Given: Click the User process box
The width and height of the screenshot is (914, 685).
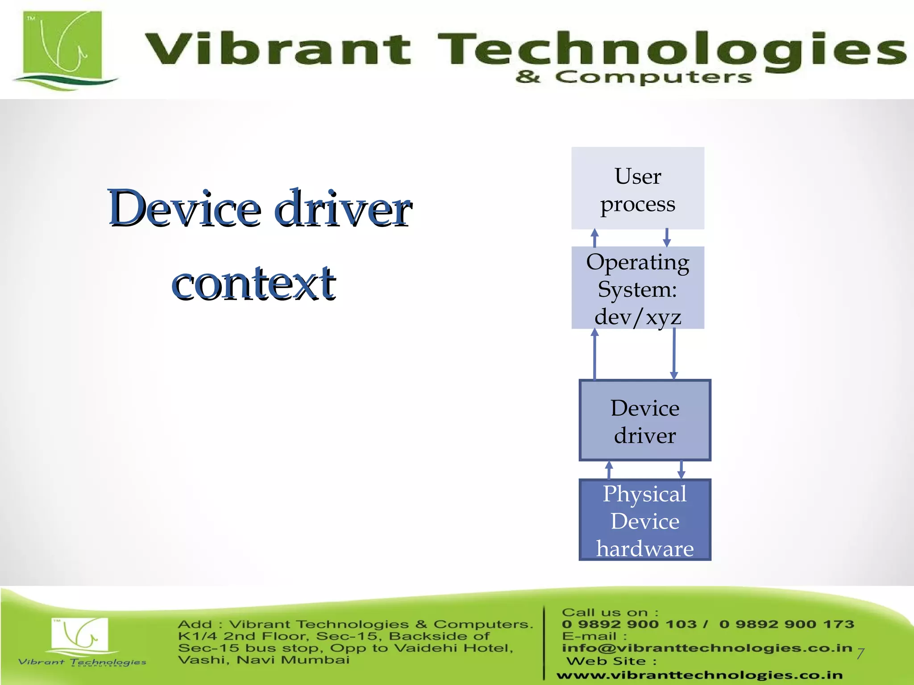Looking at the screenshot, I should point(637,189).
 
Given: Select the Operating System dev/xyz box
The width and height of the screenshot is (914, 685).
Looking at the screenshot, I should point(637,288).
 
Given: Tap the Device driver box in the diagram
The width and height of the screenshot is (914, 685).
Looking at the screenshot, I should point(644,420).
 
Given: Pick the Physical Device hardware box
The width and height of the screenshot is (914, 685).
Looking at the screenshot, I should point(644,520).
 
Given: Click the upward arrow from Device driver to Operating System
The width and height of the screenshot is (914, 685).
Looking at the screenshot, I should point(594,355).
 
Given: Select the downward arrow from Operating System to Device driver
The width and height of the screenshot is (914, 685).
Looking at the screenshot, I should point(674,355).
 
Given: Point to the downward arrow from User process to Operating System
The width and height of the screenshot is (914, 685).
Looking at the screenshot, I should point(667,238).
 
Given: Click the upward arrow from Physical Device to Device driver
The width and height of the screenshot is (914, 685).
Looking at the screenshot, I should point(609,470).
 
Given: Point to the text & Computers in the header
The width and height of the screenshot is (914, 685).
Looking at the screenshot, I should point(634,77).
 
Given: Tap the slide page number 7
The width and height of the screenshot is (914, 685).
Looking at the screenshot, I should point(860,654).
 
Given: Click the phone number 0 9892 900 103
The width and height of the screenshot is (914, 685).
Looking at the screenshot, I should point(629,624).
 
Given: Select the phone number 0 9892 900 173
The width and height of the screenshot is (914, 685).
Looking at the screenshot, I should point(786,624).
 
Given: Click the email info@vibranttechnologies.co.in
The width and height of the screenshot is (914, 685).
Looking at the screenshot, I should point(707,648).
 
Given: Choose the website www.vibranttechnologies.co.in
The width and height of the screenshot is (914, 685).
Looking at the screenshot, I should point(699,676).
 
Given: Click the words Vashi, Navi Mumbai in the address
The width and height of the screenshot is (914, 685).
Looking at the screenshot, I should point(263,660).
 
